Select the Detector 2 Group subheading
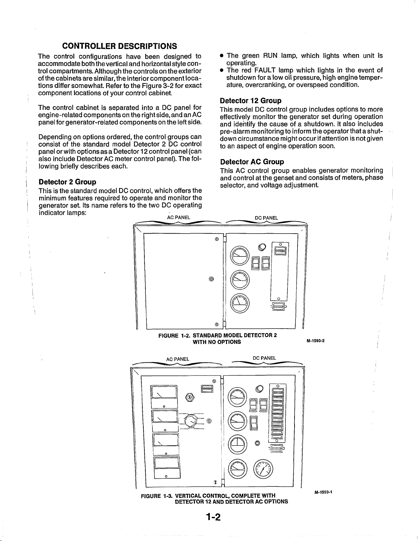[x=67, y=182]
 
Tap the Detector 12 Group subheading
[x=250, y=100]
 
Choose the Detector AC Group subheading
[x=252, y=162]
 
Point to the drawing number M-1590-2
[x=315, y=341]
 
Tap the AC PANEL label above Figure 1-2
[x=179, y=217]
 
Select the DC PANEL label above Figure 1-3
[x=264, y=358]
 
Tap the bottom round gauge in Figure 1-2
[x=240, y=302]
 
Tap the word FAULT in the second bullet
[x=266, y=70]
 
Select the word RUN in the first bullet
[x=271, y=55]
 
